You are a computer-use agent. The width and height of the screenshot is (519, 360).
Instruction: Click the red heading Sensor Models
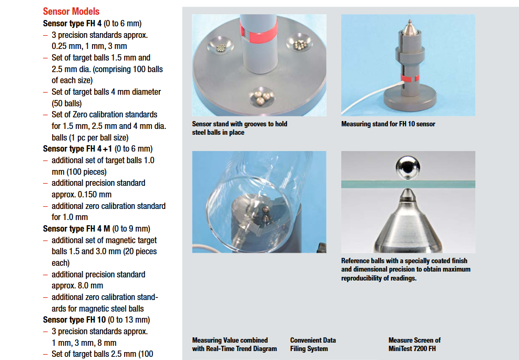71,11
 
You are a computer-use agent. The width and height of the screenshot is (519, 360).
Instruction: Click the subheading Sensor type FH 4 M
76,228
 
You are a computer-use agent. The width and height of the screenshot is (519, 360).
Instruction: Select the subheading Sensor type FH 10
75,319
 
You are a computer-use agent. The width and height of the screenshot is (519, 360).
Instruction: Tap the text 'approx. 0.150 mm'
82,194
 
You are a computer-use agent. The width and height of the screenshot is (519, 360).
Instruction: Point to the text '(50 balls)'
67,103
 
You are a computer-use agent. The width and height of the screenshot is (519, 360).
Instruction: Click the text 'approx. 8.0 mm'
77,285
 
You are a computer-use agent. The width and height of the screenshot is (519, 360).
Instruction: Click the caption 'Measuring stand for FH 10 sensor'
388,124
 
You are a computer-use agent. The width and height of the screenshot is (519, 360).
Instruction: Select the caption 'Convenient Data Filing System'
313,344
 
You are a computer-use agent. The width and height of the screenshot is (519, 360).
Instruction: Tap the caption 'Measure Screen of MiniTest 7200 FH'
414,344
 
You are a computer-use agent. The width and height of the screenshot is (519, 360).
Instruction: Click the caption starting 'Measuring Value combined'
235,344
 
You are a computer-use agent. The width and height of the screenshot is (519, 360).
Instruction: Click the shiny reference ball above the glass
408,168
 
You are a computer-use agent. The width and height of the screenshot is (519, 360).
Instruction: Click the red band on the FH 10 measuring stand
410,78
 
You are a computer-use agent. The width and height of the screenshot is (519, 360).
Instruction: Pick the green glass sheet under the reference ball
408,184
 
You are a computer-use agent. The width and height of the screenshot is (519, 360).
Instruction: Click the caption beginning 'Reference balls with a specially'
406,269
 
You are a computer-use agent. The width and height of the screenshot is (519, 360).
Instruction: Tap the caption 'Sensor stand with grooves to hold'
240,124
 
